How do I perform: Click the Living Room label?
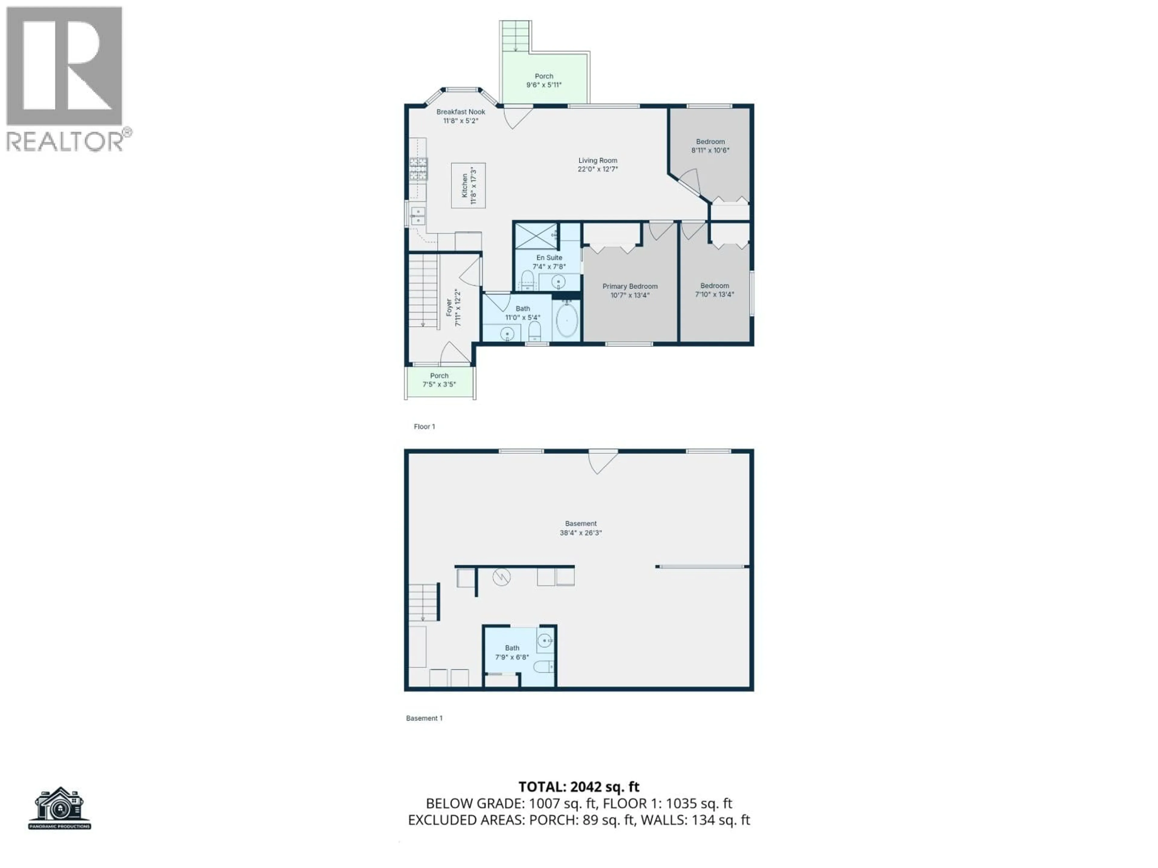[x=597, y=161]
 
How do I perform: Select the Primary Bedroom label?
[x=630, y=286]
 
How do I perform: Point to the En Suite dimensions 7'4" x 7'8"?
[x=549, y=267]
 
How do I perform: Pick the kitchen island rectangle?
[x=468, y=186]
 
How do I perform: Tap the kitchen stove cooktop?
[x=418, y=169]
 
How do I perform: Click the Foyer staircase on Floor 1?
[x=423, y=291]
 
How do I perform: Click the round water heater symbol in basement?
[x=501, y=577]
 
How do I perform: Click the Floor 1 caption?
[x=424, y=426]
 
